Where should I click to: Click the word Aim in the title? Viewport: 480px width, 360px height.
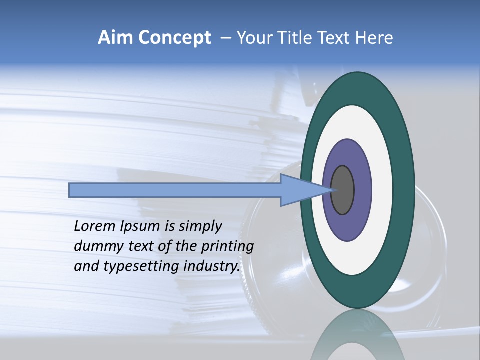(116, 38)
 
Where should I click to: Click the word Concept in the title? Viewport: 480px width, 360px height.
(175, 38)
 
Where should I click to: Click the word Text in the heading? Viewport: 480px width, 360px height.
(335, 38)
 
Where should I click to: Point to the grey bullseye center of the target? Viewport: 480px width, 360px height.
(343, 190)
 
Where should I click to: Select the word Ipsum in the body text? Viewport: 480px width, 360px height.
(139, 226)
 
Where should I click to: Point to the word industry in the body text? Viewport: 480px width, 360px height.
(213, 266)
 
